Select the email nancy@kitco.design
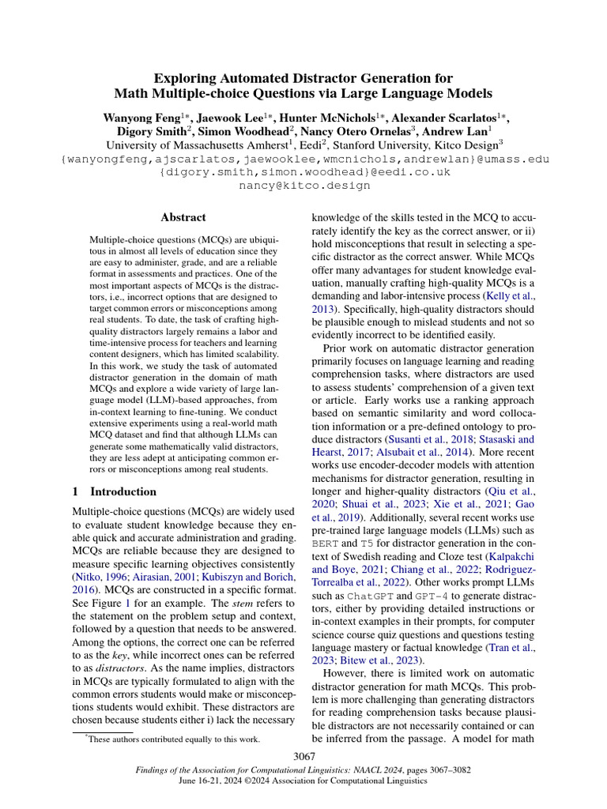tap(303, 186)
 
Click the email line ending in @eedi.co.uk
tap(303, 172)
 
